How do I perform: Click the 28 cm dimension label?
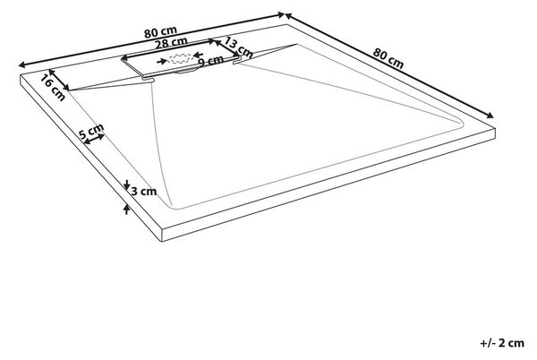click(171, 43)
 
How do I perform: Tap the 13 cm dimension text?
click(239, 48)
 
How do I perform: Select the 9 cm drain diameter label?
click(210, 61)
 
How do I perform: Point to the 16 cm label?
click(53, 88)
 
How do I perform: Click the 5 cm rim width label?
click(91, 131)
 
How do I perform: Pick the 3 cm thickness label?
click(144, 191)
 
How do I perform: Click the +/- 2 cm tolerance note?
click(502, 343)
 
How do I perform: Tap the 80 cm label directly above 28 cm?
click(160, 32)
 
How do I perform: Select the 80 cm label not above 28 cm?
click(388, 58)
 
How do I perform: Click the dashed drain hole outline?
click(181, 58)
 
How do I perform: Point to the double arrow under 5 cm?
click(94, 139)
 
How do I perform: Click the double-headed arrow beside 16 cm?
click(59, 80)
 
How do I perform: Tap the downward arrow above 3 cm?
click(126, 185)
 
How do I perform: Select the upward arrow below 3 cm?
click(127, 210)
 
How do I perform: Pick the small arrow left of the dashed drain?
click(162, 61)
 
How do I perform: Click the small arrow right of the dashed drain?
click(199, 55)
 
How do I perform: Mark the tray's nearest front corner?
click(162, 229)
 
